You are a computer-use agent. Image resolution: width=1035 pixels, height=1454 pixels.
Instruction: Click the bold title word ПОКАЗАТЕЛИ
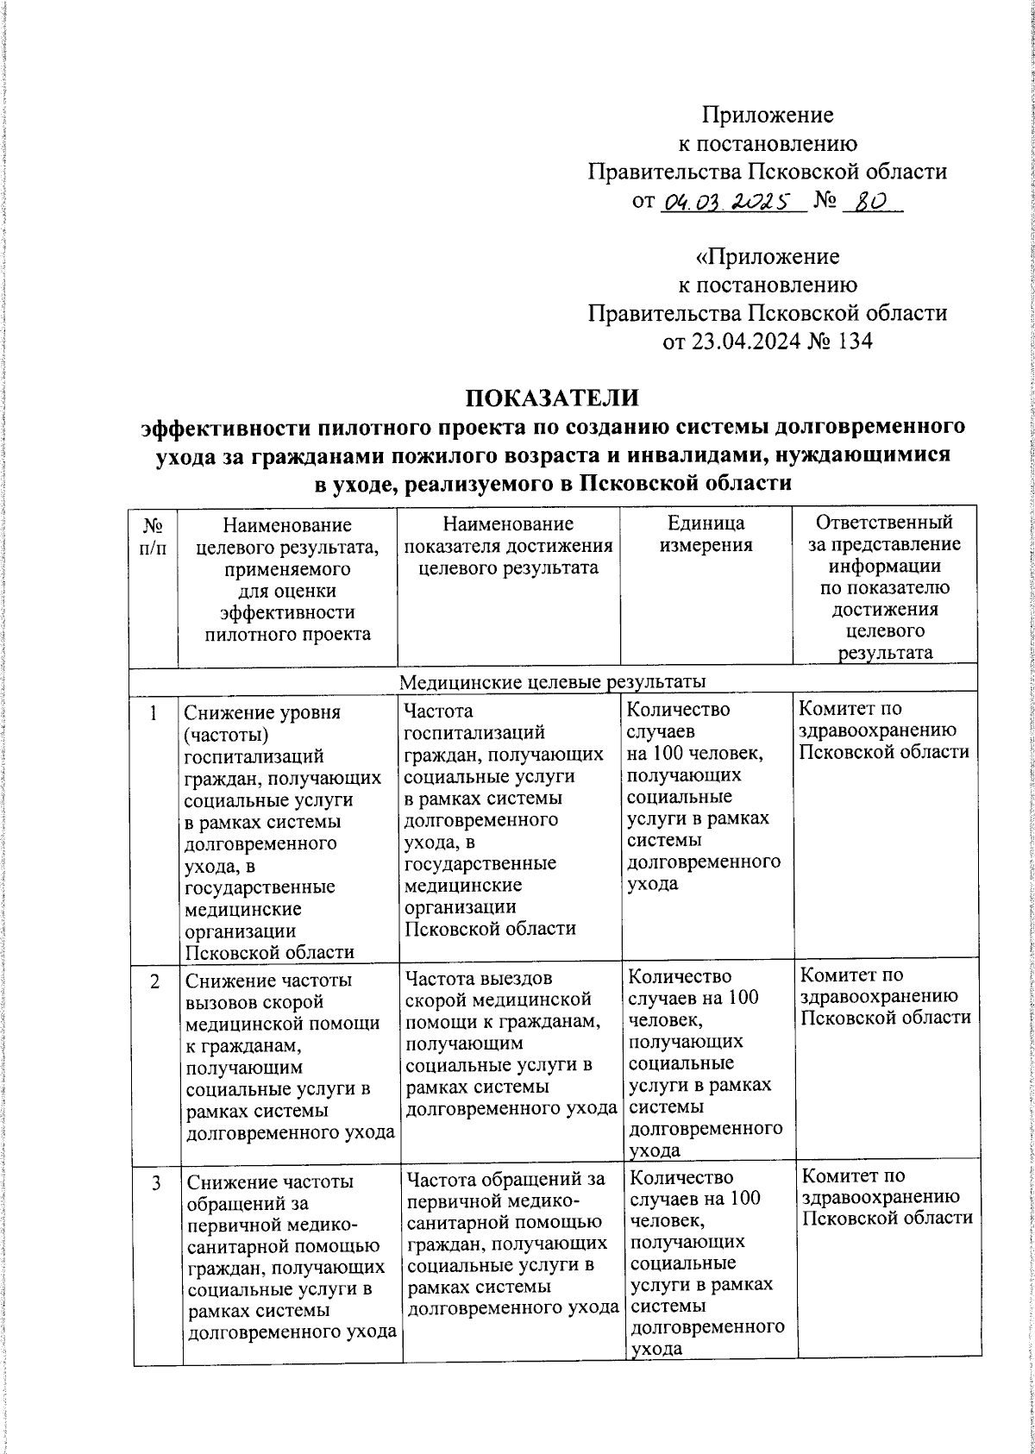click(552, 398)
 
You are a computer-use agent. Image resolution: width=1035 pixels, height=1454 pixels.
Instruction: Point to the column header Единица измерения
click(706, 534)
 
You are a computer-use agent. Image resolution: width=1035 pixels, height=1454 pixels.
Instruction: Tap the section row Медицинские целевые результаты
click(552, 681)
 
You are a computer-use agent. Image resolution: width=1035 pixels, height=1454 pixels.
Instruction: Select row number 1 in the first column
click(154, 713)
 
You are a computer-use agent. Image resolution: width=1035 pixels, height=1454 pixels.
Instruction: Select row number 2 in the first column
click(154, 981)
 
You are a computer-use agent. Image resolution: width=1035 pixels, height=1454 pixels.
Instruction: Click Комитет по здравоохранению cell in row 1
click(883, 730)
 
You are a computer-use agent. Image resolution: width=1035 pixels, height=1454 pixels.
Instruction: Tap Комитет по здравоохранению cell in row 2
click(885, 996)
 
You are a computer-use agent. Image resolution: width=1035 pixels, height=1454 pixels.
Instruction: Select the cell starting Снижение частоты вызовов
click(288, 1056)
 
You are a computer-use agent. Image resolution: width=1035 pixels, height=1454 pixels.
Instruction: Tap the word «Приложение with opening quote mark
click(767, 257)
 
